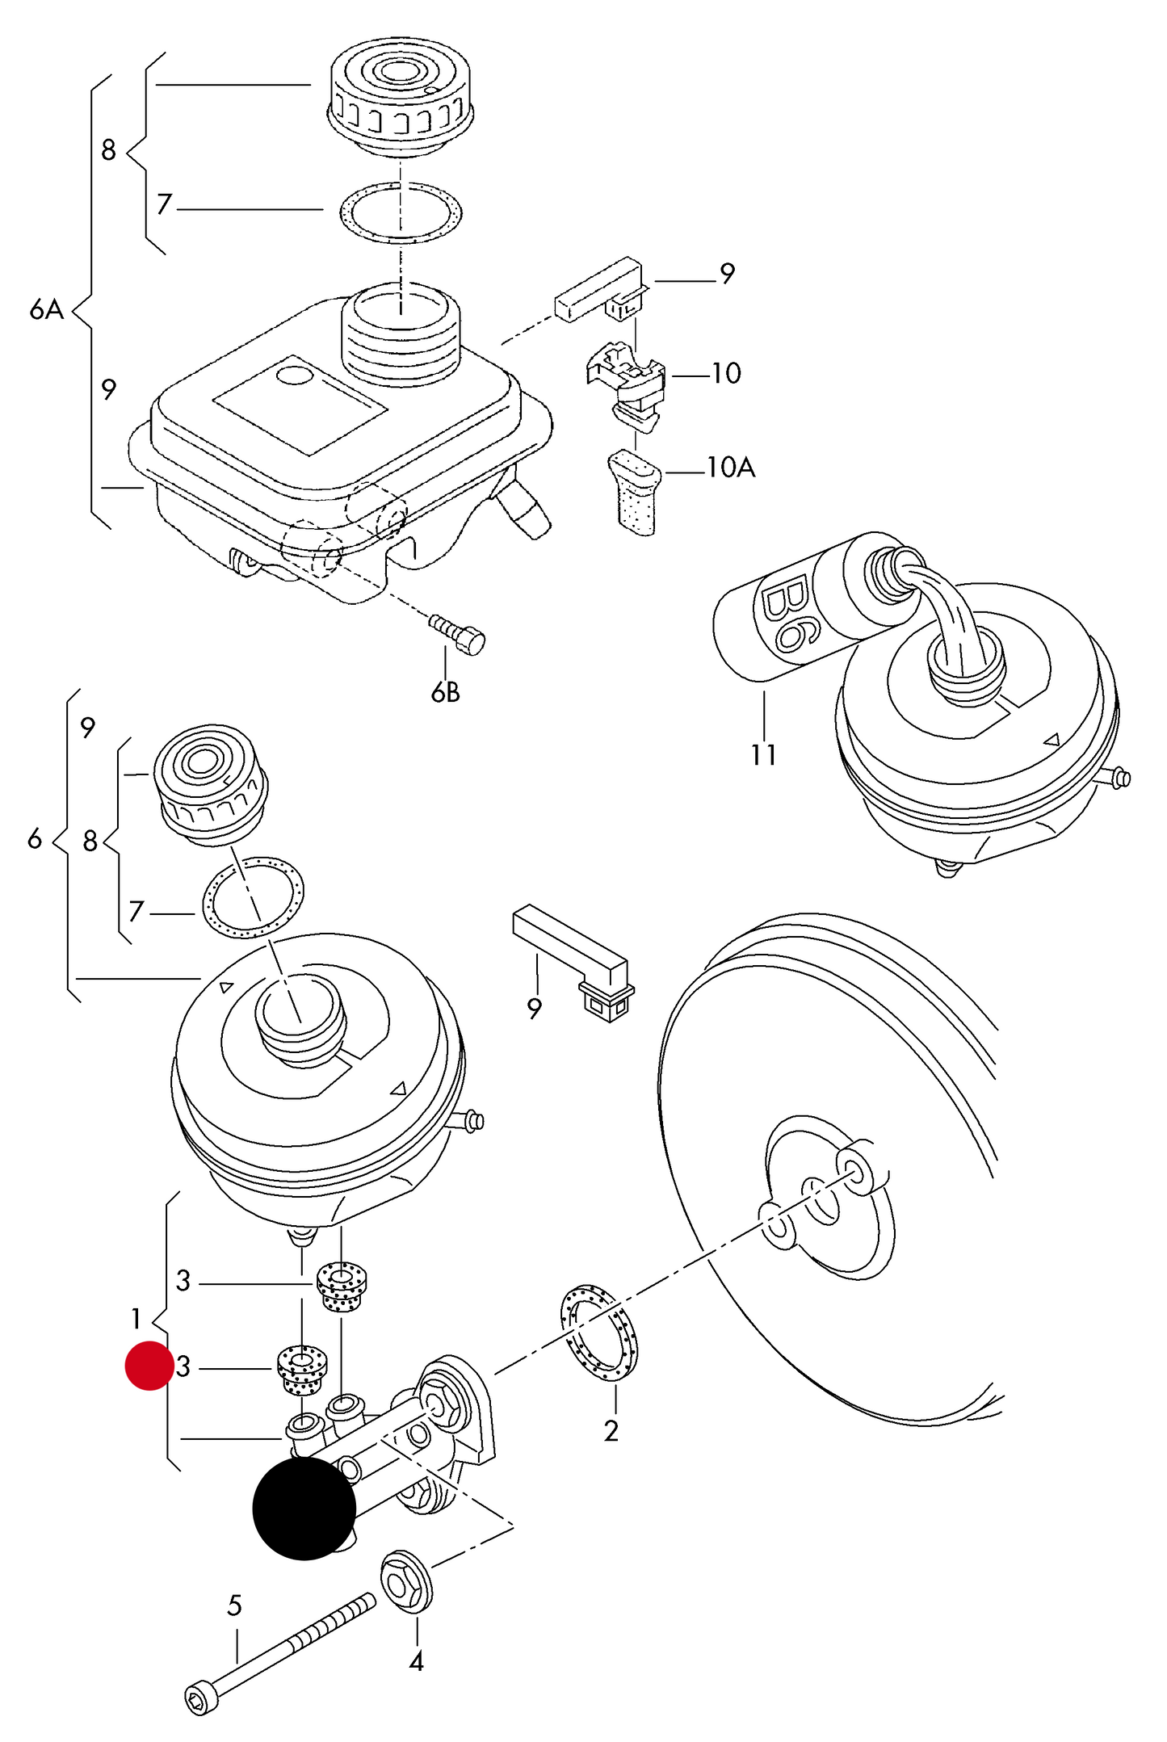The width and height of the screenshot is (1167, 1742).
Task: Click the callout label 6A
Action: [x=46, y=309]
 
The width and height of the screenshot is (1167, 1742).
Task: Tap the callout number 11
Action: [x=763, y=755]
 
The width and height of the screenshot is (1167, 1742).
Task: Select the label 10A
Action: [x=731, y=468]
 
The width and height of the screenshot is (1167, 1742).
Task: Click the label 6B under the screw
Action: [x=445, y=692]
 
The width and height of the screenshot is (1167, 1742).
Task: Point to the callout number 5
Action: [x=234, y=1606]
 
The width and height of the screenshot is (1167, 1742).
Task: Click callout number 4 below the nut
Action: [x=416, y=1661]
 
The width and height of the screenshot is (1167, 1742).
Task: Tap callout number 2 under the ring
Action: [x=611, y=1430]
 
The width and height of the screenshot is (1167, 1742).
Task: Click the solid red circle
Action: [x=149, y=1366]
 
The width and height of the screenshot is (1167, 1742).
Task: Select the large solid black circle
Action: [x=304, y=1508]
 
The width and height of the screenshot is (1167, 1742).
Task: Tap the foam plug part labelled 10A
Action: [x=634, y=493]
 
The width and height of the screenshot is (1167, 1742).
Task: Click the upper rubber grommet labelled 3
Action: [x=341, y=1287]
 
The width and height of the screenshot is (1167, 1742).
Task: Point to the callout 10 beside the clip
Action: [x=725, y=373]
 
